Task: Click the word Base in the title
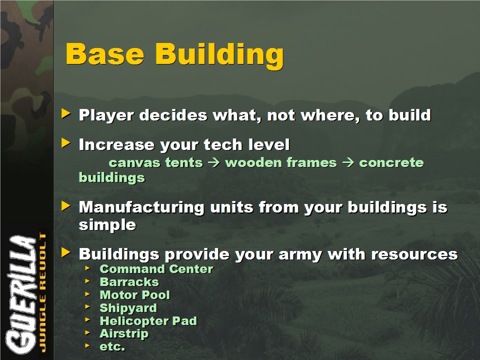(x=104, y=54)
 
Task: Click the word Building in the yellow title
(x=219, y=55)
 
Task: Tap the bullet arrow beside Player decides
(x=66, y=113)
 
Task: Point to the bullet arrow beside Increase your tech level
(x=66, y=142)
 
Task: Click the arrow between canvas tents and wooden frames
(x=214, y=162)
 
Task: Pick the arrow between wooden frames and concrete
(x=348, y=162)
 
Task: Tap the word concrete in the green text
(x=391, y=162)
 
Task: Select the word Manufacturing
(x=141, y=207)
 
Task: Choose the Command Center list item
(x=156, y=269)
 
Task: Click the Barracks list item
(x=129, y=282)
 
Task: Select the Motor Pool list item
(x=134, y=295)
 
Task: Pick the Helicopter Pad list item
(x=148, y=321)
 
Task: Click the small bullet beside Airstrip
(x=87, y=332)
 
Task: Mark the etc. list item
(x=112, y=346)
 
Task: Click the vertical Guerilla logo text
(x=21, y=294)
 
